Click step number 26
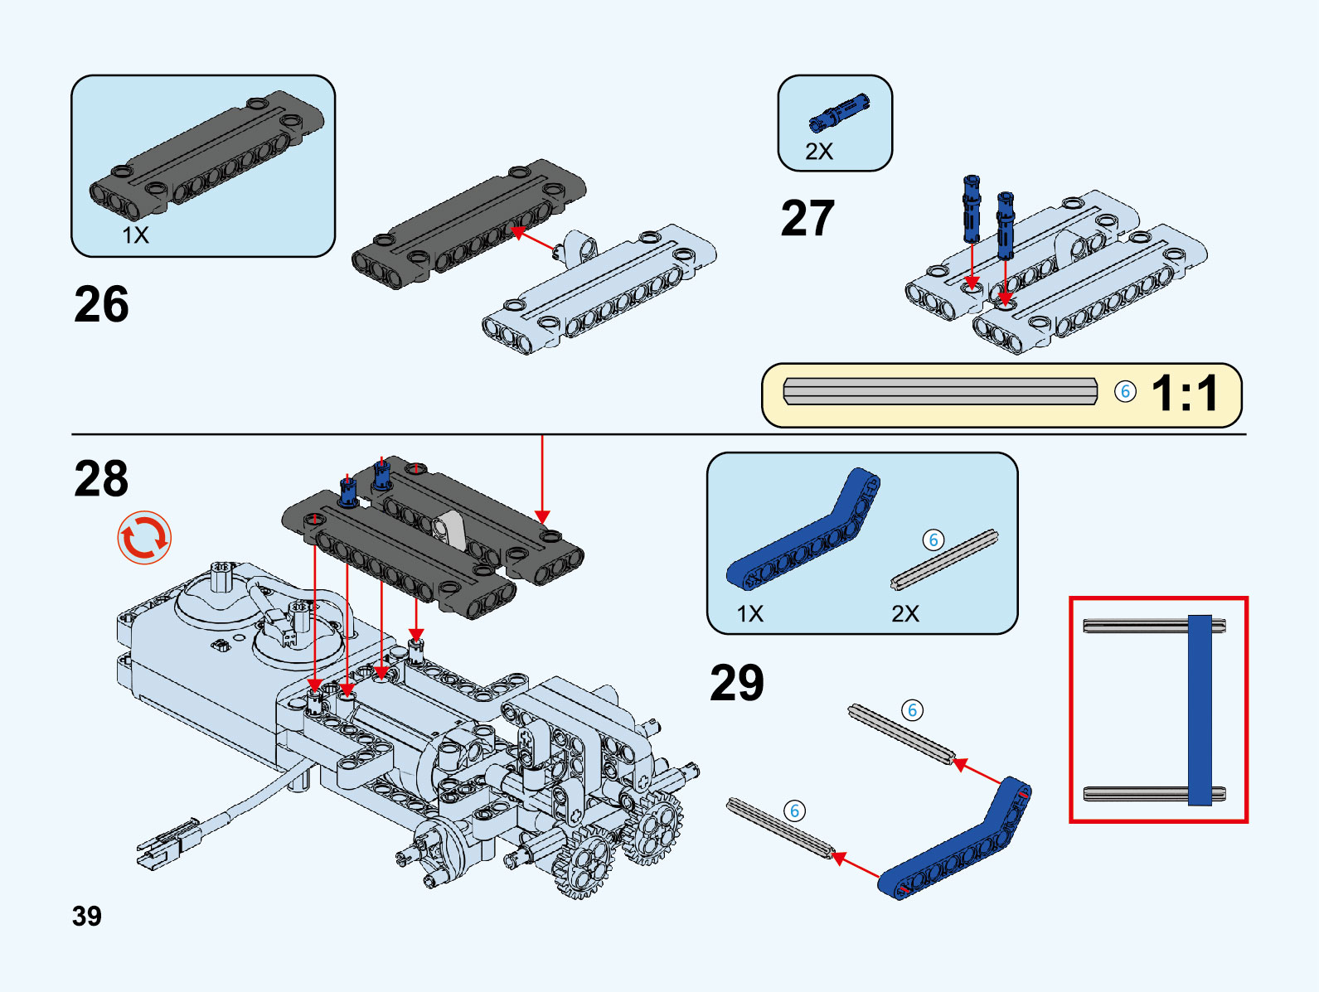pyautogui.click(x=101, y=304)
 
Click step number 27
pyautogui.click(x=807, y=218)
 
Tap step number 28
pyautogui.click(x=101, y=479)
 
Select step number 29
pyautogui.click(x=737, y=683)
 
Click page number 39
pyautogui.click(x=87, y=916)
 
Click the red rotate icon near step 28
pyautogui.click(x=144, y=537)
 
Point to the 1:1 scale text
pyautogui.click(x=1186, y=393)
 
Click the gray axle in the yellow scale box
pyautogui.click(x=940, y=391)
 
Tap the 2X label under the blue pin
pyautogui.click(x=819, y=152)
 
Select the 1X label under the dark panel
pyautogui.click(x=136, y=235)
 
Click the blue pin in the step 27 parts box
pyautogui.click(x=839, y=114)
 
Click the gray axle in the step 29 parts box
pyautogui.click(x=944, y=560)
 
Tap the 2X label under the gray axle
pyautogui.click(x=905, y=614)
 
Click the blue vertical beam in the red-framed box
pyautogui.click(x=1200, y=709)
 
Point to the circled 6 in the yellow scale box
pyautogui.click(x=1125, y=391)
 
